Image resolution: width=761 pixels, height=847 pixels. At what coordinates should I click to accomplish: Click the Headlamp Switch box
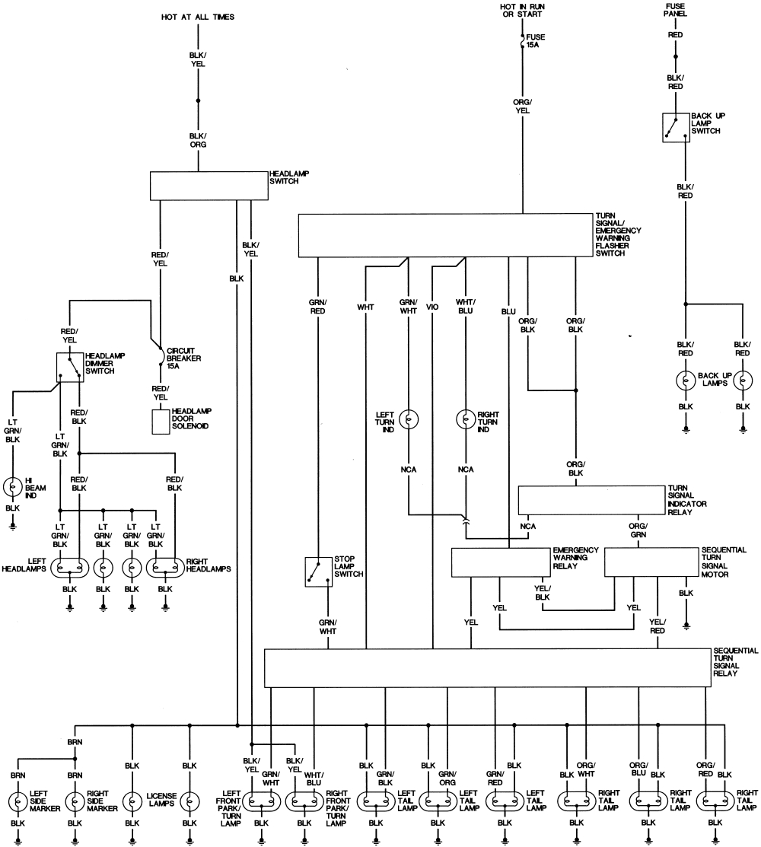pos(209,185)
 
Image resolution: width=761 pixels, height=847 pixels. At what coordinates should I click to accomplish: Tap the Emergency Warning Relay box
pos(501,562)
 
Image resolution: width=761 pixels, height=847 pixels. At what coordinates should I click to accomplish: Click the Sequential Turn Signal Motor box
pos(650,562)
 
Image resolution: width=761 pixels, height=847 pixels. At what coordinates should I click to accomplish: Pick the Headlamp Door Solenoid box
pos(161,422)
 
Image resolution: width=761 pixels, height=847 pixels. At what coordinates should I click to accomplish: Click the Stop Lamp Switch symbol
pos(318,572)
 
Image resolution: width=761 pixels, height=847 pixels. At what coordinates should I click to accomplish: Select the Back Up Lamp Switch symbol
pos(675,127)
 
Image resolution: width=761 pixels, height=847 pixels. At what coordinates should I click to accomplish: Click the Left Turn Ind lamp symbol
pos(409,419)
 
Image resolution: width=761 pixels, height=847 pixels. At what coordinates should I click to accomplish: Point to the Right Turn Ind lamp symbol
pos(466,419)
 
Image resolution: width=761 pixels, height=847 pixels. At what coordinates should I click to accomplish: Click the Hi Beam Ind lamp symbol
pos(13,486)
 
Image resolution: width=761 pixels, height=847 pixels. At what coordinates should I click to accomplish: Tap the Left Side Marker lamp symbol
pos(18,801)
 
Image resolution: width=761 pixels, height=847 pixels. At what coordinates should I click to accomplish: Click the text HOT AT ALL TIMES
pos(198,16)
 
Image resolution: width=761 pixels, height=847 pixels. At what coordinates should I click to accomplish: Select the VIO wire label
pos(432,308)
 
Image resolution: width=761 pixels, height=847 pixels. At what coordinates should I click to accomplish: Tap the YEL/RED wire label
pos(657,626)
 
